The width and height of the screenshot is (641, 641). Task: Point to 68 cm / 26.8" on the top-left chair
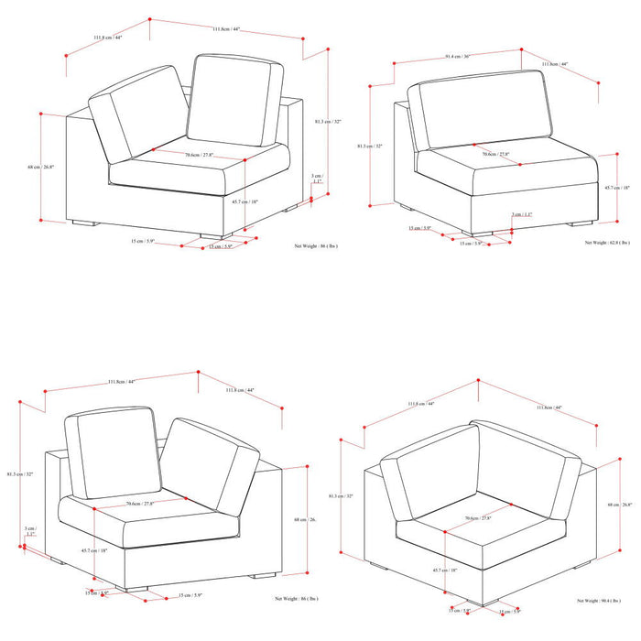pos(41,168)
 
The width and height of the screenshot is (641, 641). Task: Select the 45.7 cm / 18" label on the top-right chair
pos(616,188)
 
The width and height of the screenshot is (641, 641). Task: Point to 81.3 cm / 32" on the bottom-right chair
pos(342,495)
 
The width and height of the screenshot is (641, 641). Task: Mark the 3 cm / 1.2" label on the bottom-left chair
pos(30,531)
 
